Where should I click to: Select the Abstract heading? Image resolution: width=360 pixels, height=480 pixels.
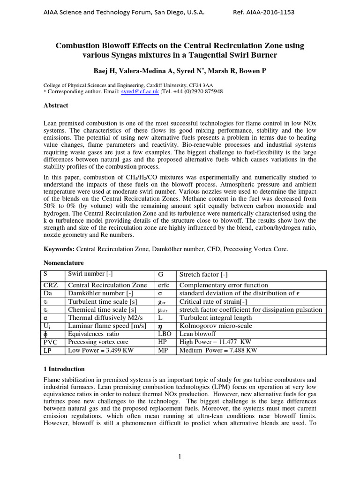point(56,105)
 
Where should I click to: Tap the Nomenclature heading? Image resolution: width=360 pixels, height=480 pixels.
point(64,263)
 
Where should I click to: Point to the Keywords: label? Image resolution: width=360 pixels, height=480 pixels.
point(59,249)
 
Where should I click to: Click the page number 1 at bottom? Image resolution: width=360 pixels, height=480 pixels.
point(180,457)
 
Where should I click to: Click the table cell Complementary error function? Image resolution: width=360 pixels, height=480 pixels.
point(224,285)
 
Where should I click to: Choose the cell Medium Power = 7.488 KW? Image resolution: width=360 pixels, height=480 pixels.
point(218,350)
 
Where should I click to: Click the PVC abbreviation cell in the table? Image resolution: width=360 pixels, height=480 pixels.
point(51,342)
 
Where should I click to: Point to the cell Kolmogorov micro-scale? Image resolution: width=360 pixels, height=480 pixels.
point(216,325)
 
